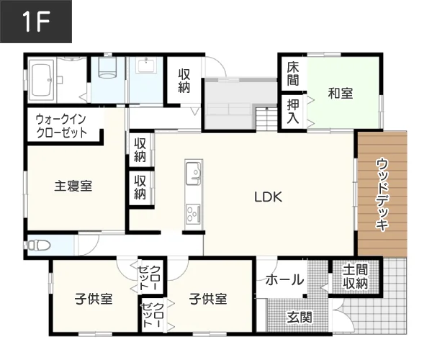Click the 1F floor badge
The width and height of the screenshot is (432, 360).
(36, 22)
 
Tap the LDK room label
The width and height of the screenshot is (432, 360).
(268, 197)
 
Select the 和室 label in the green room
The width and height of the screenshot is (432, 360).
(341, 93)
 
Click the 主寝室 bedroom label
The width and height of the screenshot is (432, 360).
(73, 186)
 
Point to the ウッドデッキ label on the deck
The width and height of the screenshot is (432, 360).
(382, 194)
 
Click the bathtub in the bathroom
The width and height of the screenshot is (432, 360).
(41, 79)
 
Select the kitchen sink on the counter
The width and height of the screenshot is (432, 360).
(194, 174)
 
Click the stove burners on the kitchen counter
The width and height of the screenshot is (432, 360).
(194, 214)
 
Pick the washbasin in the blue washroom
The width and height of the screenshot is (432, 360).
(147, 66)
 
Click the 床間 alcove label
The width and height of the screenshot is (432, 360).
(293, 74)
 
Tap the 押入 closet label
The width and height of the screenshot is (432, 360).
(293, 112)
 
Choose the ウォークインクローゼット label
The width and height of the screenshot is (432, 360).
(61, 127)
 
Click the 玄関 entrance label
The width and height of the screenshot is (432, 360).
(300, 318)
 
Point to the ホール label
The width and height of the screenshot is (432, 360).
(284, 280)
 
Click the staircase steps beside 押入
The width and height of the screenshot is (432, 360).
(266, 118)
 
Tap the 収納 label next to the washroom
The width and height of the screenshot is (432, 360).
(184, 81)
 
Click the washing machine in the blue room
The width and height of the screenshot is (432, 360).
(107, 68)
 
